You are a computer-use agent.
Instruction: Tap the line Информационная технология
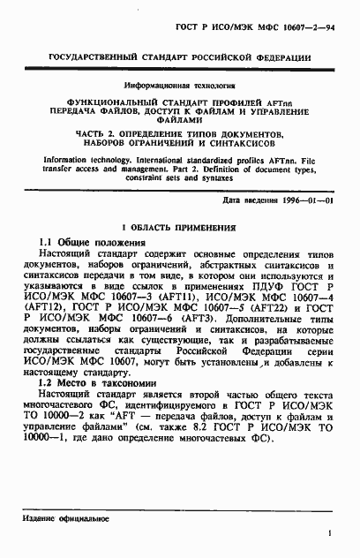coord(179,87)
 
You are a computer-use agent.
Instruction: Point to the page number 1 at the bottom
coord(328,534)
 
